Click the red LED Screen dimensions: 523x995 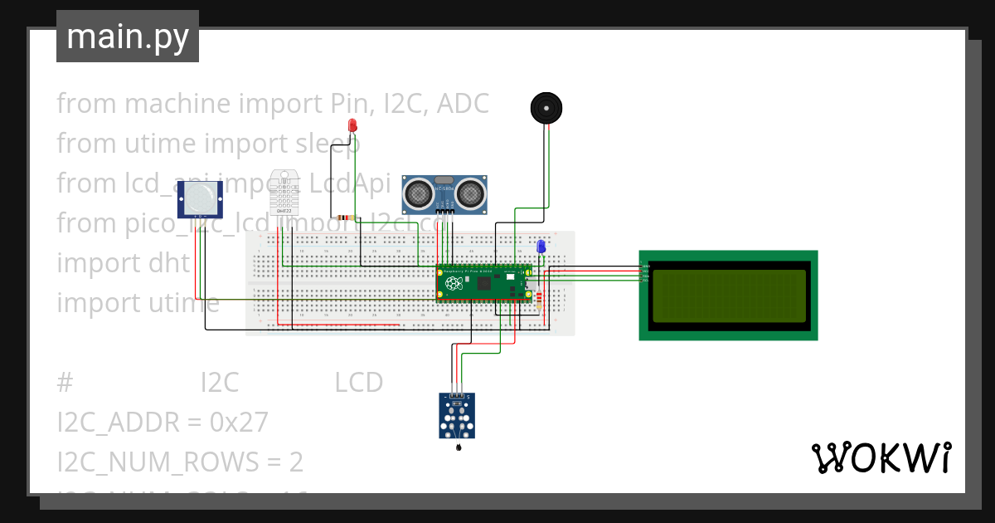pyautogui.click(x=352, y=125)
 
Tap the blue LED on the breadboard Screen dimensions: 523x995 pyautogui.click(x=541, y=247)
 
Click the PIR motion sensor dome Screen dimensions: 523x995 pyautogui.click(x=200, y=198)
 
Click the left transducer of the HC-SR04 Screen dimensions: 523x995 pyautogui.click(x=417, y=195)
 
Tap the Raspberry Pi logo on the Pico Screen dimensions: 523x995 pyautogui.click(x=454, y=284)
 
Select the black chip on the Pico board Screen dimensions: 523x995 pyautogui.click(x=483, y=284)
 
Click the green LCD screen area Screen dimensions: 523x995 pyautogui.click(x=728, y=296)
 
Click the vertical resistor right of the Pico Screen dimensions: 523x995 pyautogui.click(x=540, y=300)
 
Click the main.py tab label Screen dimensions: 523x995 pyautogui.click(x=128, y=37)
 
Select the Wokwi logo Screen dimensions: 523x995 pyautogui.click(x=880, y=458)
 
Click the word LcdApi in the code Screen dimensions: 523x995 pyautogui.click(x=352, y=183)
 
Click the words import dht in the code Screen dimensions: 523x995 pyautogui.click(x=123, y=263)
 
